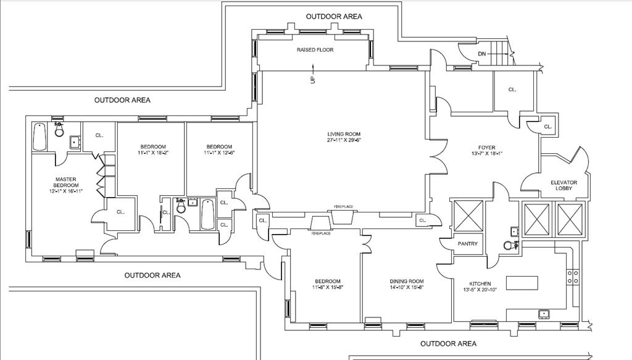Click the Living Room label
tap(344, 134)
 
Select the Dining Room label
tap(406, 281)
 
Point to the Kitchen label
tap(480, 283)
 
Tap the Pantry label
tap(468, 244)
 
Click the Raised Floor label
tap(315, 50)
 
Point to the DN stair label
tap(481, 54)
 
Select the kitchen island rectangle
tap(523, 283)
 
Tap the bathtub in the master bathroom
tap(39, 137)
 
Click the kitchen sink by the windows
tap(544, 314)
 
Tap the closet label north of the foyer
tap(512, 90)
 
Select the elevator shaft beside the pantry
tap(468, 214)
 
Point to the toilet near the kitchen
tap(509, 245)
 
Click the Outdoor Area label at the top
tap(334, 17)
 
